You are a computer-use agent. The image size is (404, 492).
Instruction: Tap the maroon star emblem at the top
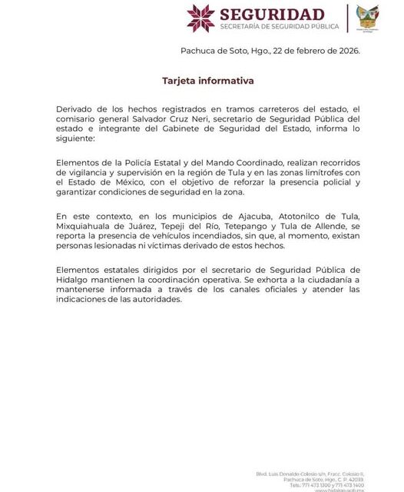[200, 18]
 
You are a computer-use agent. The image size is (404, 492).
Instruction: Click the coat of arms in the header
[369, 17]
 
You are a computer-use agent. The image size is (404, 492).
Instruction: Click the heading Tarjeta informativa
[207, 80]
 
